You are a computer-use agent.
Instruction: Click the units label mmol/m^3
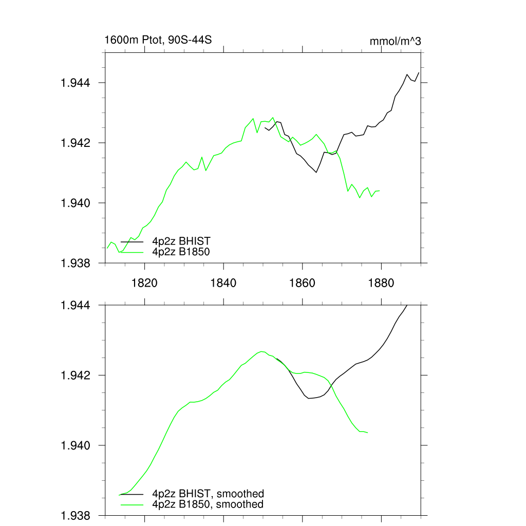coord(395,41)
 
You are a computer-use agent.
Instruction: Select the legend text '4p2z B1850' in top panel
coord(181,252)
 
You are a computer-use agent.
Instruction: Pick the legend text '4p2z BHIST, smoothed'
coord(208,494)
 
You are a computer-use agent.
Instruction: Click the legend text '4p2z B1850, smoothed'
coord(208,504)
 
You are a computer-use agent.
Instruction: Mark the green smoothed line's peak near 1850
coord(262,351)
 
